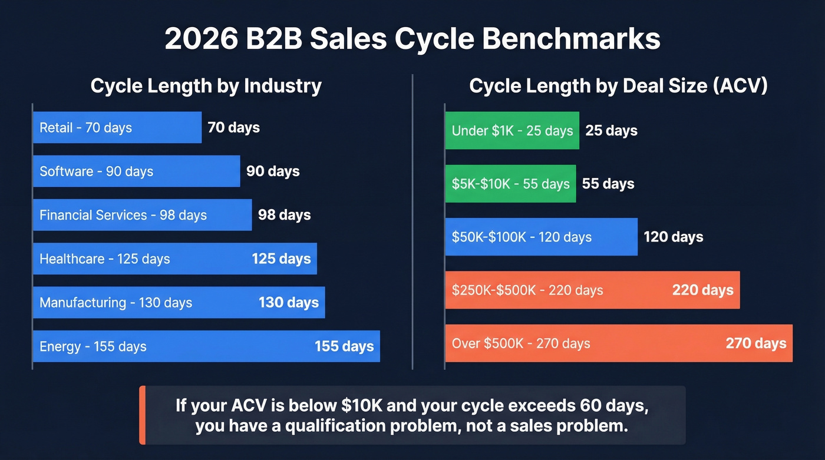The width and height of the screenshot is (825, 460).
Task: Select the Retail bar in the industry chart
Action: pos(117,128)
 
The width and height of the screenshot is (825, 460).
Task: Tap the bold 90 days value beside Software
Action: pos(273,171)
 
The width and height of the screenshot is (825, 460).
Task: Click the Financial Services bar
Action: pos(142,215)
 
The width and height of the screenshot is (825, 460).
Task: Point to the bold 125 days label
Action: pos(281,259)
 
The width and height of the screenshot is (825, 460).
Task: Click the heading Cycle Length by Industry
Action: pos(206,86)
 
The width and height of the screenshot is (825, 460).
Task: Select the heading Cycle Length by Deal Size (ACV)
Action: pos(618,86)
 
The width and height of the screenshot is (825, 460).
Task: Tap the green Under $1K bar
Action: pos(511,131)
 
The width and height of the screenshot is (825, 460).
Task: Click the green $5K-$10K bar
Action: pos(510,184)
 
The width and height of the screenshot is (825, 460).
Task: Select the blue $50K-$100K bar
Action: pos(541,237)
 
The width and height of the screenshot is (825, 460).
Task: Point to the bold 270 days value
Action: pos(755,343)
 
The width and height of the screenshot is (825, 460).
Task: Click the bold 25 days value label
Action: pos(611,131)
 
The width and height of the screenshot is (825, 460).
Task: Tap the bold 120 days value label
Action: pos(673,237)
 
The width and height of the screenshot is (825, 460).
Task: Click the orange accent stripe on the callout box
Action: pos(142,415)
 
